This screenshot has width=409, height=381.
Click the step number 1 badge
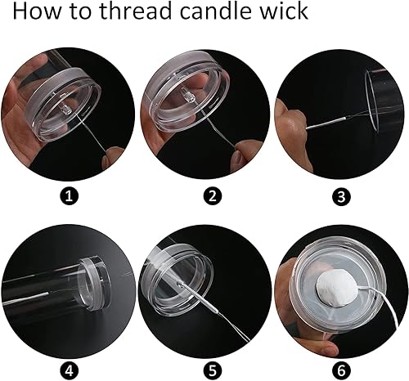[69, 196]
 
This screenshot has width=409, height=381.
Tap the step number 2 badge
[213, 196]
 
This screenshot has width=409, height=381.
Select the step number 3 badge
[341, 196]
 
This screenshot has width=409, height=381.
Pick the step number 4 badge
[69, 370]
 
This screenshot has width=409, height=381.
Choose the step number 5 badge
[213, 370]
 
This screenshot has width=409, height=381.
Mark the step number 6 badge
[341, 370]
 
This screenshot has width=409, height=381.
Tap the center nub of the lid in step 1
[65, 110]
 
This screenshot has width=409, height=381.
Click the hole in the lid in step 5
[179, 284]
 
